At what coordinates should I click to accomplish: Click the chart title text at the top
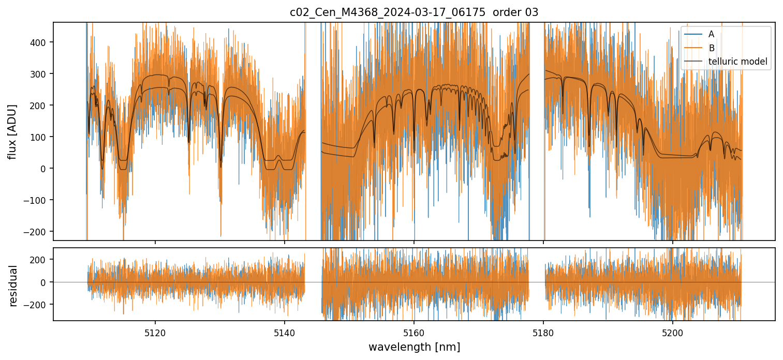414,12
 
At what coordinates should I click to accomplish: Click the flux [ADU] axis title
12,131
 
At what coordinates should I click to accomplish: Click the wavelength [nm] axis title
414,347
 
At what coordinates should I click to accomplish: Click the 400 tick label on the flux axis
41,42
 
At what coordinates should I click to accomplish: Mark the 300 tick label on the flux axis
41,74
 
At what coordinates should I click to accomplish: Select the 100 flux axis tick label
41,137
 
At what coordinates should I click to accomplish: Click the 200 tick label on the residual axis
41,259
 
